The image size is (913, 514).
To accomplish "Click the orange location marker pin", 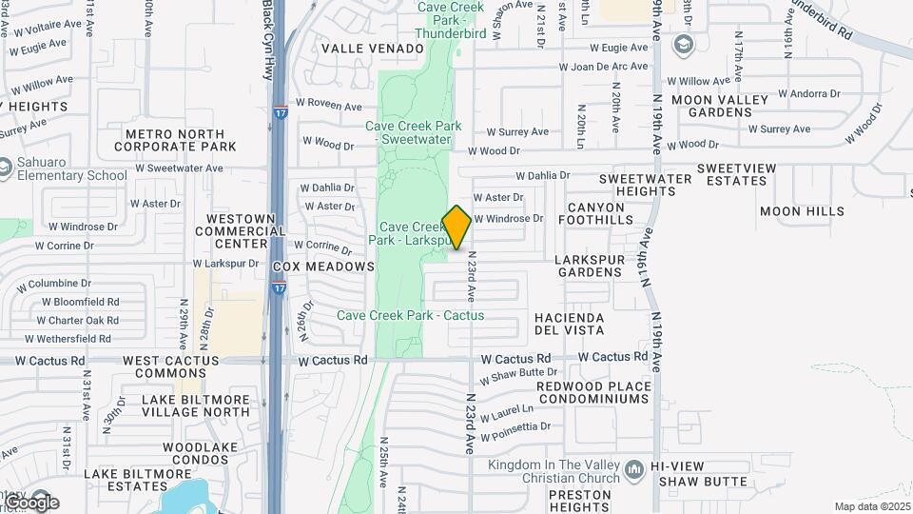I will click(x=456, y=227).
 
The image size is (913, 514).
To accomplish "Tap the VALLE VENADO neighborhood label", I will click(x=372, y=49).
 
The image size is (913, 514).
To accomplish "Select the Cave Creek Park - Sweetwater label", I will click(x=414, y=132).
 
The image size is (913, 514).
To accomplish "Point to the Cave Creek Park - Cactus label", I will click(x=410, y=315).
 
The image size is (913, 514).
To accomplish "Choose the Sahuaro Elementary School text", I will click(x=70, y=168).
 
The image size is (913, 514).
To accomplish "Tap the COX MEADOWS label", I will click(x=323, y=267).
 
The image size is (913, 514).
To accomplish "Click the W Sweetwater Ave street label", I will click(x=179, y=168).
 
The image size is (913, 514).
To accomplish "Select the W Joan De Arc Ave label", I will click(x=603, y=67).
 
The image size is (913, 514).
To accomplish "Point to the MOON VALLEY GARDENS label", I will click(x=719, y=106).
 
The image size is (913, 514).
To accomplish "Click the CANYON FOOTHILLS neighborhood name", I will click(x=599, y=213).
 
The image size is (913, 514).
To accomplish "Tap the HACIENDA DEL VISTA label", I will click(x=570, y=324).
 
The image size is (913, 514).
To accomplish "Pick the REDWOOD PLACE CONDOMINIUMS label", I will click(x=594, y=392).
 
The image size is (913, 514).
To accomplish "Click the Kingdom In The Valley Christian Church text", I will click(x=553, y=471).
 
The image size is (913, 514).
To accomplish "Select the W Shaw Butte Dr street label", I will click(x=518, y=375).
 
